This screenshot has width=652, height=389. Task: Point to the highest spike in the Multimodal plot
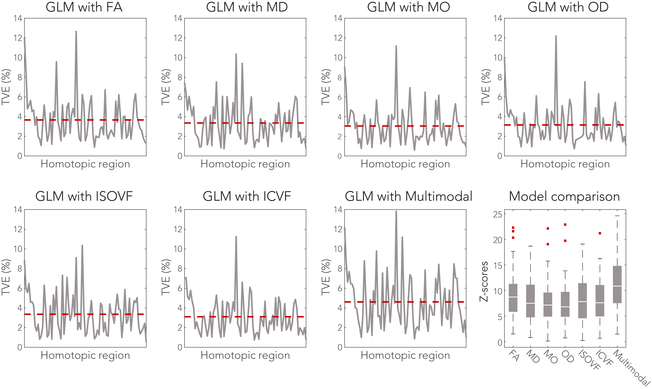click(x=396, y=211)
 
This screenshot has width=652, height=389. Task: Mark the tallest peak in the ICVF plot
click(x=236, y=237)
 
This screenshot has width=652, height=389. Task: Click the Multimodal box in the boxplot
click(x=617, y=284)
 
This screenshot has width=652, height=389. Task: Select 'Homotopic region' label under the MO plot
click(x=405, y=164)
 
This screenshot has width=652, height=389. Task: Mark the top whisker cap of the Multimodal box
click(x=617, y=216)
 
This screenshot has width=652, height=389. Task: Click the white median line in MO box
click(x=548, y=305)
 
